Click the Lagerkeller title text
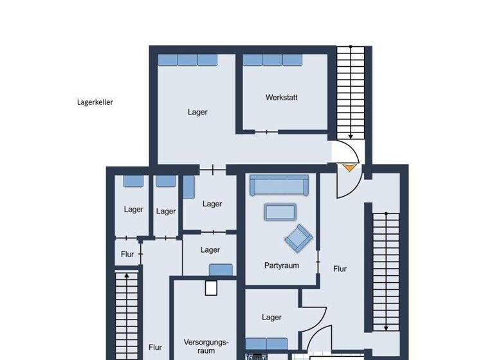[x=95, y=102]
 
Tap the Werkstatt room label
[x=281, y=98]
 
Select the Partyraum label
[x=281, y=265]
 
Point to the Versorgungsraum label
[x=206, y=347]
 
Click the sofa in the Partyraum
[x=280, y=185]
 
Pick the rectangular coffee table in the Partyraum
[x=280, y=212]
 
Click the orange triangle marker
[x=349, y=167]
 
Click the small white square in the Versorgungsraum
[x=211, y=287]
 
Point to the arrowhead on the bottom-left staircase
[x=127, y=276]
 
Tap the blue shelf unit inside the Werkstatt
[x=273, y=60]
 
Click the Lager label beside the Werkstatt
[x=197, y=112]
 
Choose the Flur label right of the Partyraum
[x=340, y=269]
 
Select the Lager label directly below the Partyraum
[x=271, y=317]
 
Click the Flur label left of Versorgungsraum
[x=155, y=347]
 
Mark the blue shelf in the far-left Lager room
[x=134, y=181]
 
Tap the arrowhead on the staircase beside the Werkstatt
[x=350, y=135]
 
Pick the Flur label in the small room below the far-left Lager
[x=127, y=254]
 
